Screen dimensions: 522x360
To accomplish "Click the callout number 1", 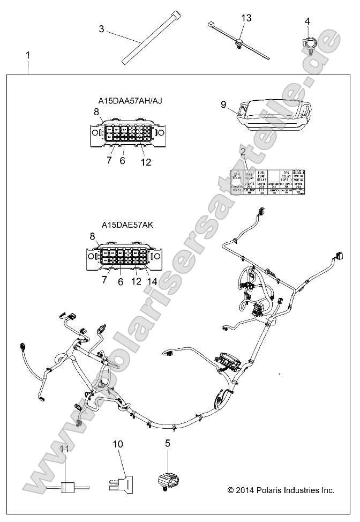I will coord(28,55).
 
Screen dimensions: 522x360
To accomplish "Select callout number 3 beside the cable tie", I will coord(101,28).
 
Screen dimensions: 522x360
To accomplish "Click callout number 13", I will coord(246,18).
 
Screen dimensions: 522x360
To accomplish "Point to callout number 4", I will coord(307,21).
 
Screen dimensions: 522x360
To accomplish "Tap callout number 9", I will coord(223,105).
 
